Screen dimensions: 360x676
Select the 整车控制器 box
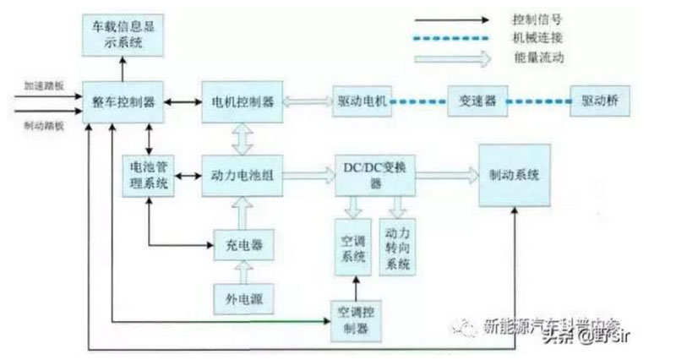click(x=124, y=101)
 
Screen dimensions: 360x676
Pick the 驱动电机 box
click(x=357, y=101)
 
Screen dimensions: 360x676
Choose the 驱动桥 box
click(x=601, y=101)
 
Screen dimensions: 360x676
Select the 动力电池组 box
click(x=243, y=176)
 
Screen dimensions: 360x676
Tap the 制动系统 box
click(x=515, y=176)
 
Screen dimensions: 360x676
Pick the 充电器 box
click(x=243, y=245)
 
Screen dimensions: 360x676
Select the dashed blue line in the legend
click(x=452, y=38)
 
